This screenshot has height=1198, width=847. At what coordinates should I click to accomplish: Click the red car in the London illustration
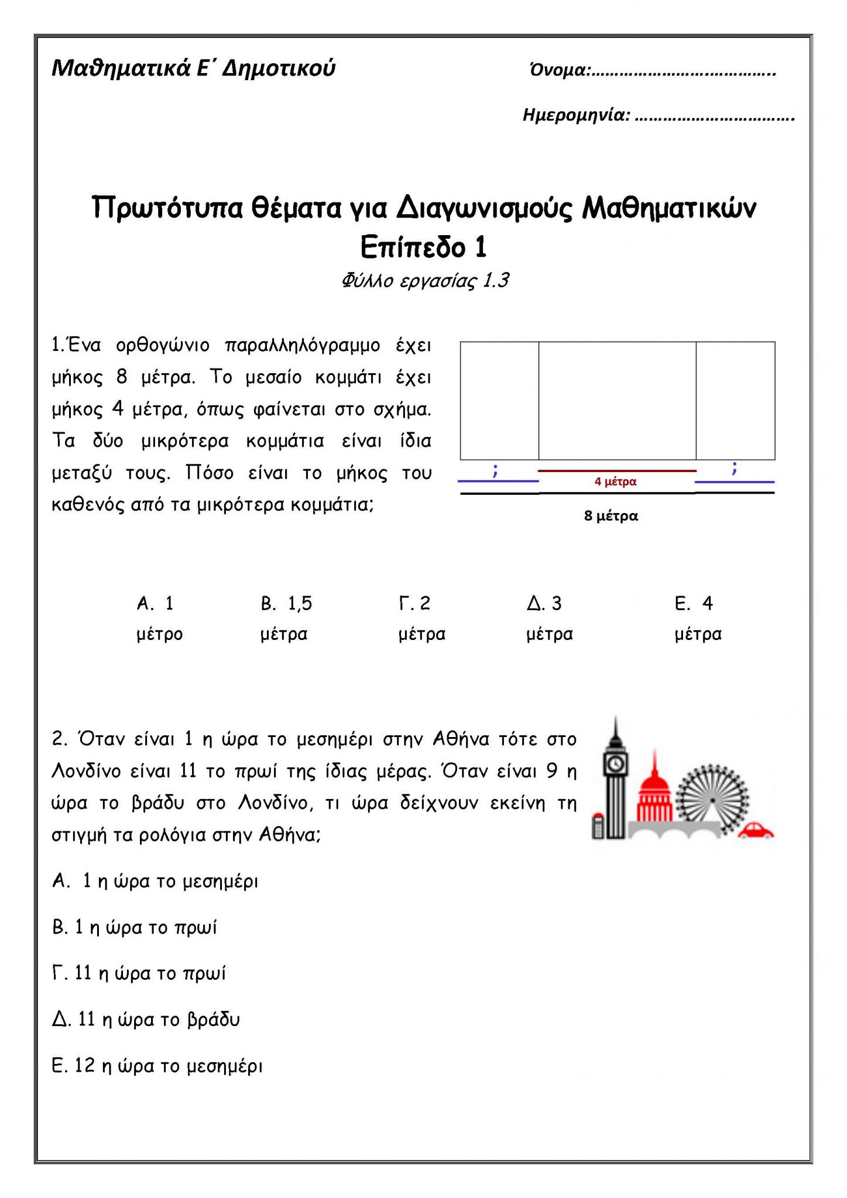[755, 830]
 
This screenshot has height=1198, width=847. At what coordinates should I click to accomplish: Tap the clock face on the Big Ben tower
[615, 763]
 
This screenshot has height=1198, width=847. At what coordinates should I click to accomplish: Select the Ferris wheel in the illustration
[712, 799]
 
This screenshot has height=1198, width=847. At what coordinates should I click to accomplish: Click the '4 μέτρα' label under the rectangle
[615, 481]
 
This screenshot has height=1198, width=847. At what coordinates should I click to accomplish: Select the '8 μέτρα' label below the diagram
[611, 516]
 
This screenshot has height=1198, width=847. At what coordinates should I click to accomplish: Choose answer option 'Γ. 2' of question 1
[414, 603]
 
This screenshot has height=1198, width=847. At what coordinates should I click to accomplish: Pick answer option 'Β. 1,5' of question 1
[286, 603]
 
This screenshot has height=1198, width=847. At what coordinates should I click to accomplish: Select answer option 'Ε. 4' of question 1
[694, 603]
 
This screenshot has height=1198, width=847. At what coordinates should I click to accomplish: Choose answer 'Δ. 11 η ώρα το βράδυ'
[146, 1020]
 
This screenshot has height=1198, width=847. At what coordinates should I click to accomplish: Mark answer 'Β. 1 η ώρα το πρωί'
[135, 928]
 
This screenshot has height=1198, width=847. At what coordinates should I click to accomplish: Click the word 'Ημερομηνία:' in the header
[576, 115]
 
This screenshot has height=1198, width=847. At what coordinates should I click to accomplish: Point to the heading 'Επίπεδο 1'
[423, 247]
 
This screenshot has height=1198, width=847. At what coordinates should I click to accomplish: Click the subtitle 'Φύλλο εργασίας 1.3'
[425, 281]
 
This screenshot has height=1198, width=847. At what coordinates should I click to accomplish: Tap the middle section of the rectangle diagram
[617, 401]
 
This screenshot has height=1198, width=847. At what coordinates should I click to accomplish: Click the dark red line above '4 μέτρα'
[617, 470]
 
